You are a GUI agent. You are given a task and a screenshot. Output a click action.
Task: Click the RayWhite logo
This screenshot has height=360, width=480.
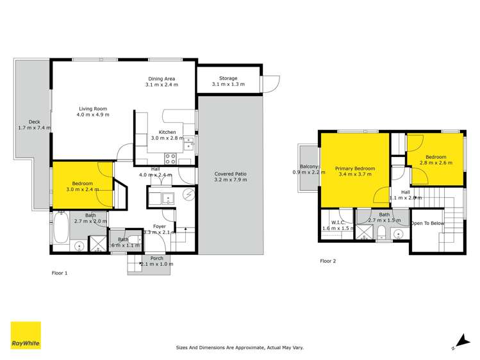tap(26, 336)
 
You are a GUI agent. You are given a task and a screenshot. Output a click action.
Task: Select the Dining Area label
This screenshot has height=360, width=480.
tap(161, 79)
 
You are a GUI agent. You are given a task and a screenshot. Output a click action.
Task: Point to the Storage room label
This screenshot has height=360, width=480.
tap(228, 78)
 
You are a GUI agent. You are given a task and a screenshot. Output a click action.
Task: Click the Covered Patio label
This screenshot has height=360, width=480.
tap(230, 174)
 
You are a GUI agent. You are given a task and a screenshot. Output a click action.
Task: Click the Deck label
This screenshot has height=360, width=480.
tap(34, 122)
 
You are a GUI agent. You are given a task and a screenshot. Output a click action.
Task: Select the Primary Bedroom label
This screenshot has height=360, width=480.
tap(355, 168)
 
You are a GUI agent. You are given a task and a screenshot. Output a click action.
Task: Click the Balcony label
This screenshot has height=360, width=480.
tap(305, 166)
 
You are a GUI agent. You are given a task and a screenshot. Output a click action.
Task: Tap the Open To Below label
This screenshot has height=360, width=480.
tap(427, 223)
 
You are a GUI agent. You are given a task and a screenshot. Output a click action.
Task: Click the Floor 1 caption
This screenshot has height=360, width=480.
tap(60, 273)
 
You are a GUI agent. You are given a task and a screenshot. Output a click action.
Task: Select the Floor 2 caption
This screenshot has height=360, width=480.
tap(328, 261)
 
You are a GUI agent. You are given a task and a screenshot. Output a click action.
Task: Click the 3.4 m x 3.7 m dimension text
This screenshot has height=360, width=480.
tap(355, 174)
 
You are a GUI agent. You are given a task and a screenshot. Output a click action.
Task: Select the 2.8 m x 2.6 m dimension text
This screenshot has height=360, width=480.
tap(436, 163)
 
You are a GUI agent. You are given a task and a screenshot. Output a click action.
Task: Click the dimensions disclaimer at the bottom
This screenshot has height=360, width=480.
tap(240, 348)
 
